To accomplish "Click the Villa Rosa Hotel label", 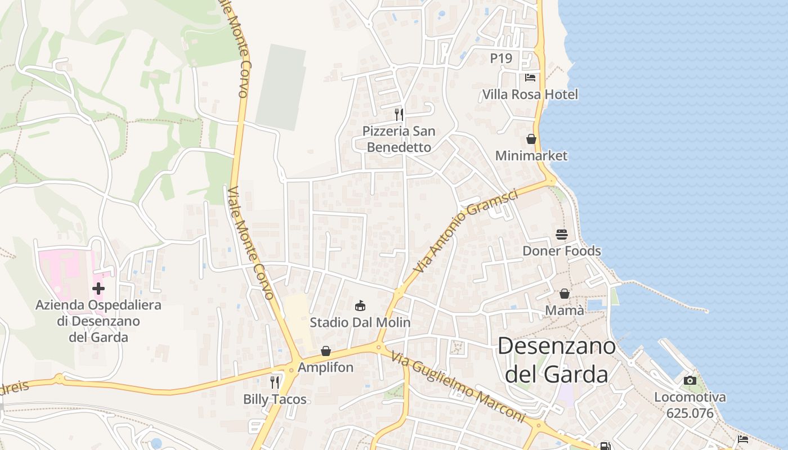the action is point(530,94).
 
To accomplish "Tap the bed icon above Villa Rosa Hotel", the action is point(530,77).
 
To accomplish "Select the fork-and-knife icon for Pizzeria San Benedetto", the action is point(399,115).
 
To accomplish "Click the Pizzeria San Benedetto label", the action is point(399,139).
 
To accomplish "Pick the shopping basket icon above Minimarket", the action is point(531,138).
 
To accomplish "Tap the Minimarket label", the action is point(531,155).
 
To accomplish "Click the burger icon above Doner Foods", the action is point(562,234).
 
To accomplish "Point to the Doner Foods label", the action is point(562,251).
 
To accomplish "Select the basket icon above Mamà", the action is point(565,294).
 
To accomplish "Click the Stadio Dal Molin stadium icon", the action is point(360,306).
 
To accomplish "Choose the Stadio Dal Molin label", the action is point(360,323).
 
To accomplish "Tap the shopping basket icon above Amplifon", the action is point(326,351).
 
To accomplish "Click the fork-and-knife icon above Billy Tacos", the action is point(275,382).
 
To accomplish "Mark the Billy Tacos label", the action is point(275,399).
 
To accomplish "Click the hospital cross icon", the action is point(98,289).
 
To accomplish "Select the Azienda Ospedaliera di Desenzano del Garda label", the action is point(98,321).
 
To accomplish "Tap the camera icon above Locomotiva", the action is point(690,380).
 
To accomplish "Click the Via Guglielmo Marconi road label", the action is point(458,388).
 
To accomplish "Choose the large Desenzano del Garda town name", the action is point(557,360).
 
